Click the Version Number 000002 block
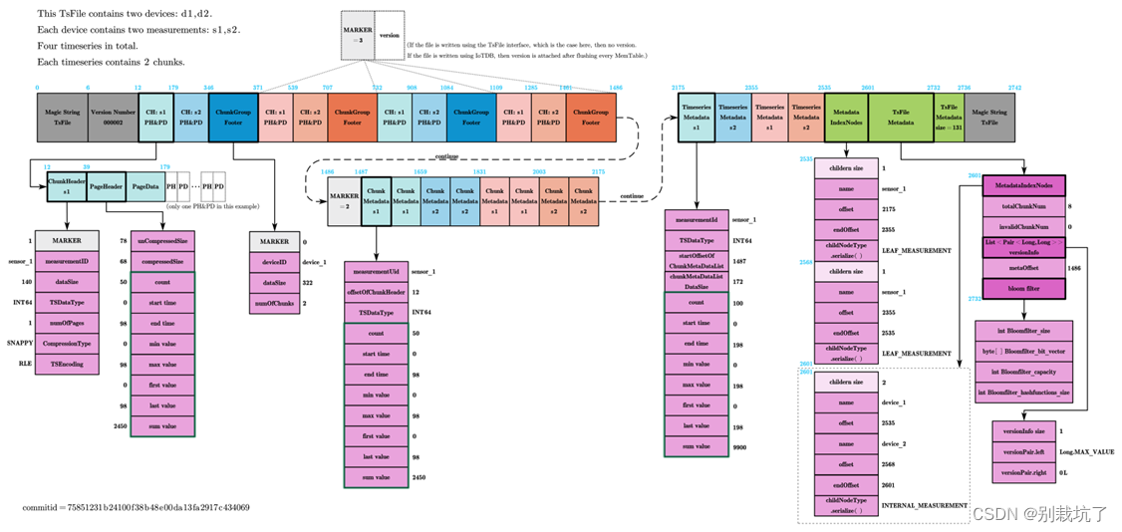[113, 116]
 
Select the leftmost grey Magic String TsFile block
[62, 116]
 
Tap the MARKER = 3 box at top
[359, 36]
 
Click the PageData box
[145, 186]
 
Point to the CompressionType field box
[68, 343]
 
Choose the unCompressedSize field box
[161, 240]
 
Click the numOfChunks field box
[273, 302]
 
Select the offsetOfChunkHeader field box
[374, 292]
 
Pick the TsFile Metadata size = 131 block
[950, 116]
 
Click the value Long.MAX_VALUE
[1087, 451]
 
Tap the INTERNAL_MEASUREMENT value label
[924, 505]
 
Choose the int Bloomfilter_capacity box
[1023, 372]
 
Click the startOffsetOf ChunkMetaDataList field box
[696, 261]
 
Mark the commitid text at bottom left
[137, 508]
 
